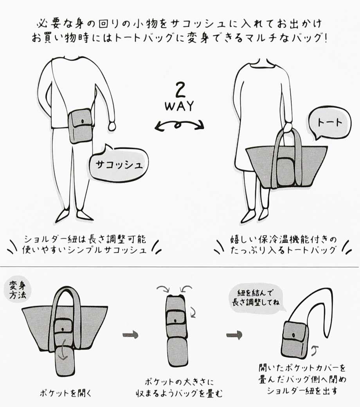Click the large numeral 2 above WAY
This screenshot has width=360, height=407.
point(180,90)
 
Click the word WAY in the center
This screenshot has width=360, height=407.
point(179,106)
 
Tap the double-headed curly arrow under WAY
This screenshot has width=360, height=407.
point(179,125)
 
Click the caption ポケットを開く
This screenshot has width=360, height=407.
point(66,393)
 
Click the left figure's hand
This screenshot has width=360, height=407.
point(112,126)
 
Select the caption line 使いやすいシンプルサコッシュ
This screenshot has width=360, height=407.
point(85,250)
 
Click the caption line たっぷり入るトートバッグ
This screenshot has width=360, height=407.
point(283,250)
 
